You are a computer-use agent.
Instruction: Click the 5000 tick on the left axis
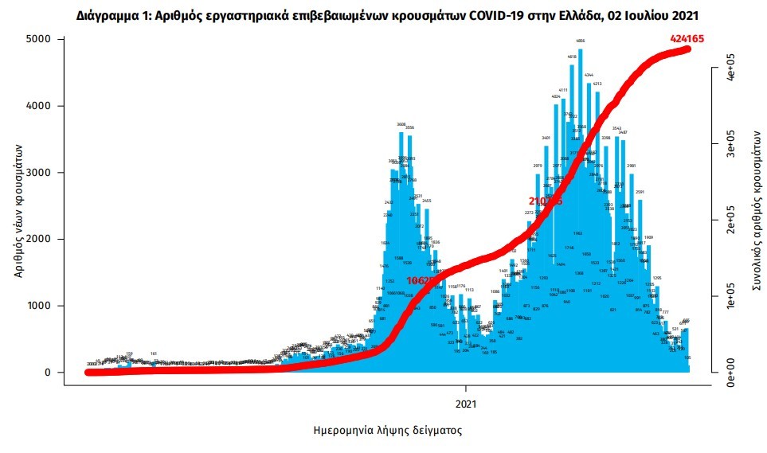[x=40, y=39]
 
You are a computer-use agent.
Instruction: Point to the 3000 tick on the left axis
[x=40, y=172]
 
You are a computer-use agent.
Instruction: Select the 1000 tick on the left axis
[x=40, y=306]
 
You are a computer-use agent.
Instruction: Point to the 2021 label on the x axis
[x=466, y=403]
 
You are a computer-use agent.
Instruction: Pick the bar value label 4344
[x=589, y=75]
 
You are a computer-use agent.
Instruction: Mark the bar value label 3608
[x=401, y=124]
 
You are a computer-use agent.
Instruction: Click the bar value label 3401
[x=546, y=138]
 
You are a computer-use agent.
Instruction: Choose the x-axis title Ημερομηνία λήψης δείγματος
[x=387, y=430]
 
